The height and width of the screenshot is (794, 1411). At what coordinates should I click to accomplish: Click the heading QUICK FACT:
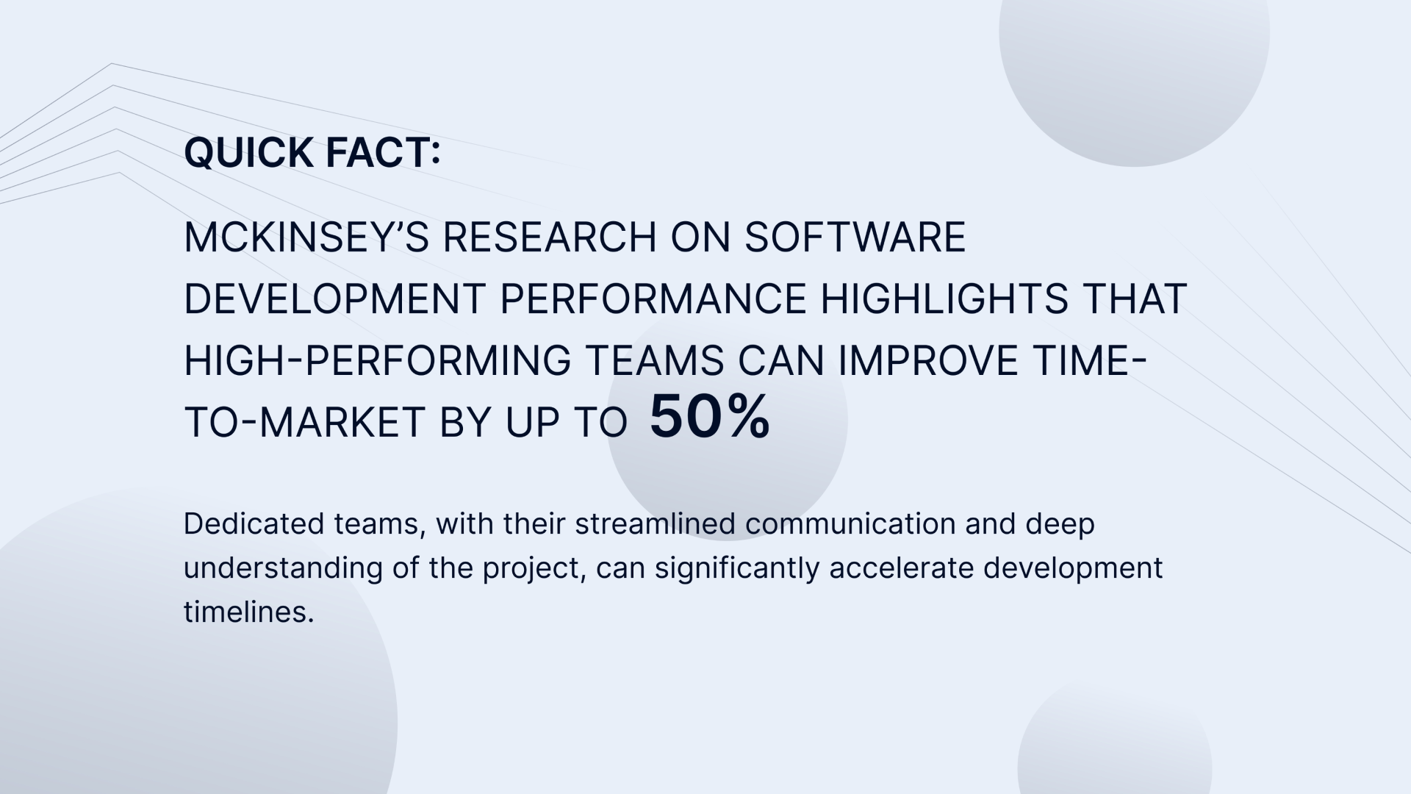pyautogui.click(x=312, y=153)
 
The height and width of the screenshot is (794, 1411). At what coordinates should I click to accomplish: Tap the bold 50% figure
pyautogui.click(x=710, y=417)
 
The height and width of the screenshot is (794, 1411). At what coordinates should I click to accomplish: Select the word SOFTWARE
pyautogui.click(x=855, y=237)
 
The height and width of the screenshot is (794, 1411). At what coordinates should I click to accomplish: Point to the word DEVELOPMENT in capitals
pyautogui.click(x=334, y=299)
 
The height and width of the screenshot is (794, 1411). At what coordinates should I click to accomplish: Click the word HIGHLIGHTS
pyautogui.click(x=944, y=299)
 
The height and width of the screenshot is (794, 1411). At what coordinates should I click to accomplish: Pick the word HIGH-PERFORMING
pyautogui.click(x=377, y=361)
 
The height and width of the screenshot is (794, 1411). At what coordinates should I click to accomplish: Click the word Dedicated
pyautogui.click(x=254, y=524)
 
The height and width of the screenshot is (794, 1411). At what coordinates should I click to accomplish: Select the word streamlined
pyautogui.click(x=656, y=524)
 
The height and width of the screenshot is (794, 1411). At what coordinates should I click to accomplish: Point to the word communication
pyautogui.click(x=850, y=524)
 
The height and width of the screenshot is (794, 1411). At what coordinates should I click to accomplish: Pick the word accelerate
pyautogui.click(x=902, y=568)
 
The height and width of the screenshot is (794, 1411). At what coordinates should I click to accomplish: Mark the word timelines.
pyautogui.click(x=248, y=612)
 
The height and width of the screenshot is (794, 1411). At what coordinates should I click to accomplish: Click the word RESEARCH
pyautogui.click(x=550, y=237)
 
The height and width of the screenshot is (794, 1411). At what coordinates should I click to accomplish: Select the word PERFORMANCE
pyautogui.click(x=653, y=299)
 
